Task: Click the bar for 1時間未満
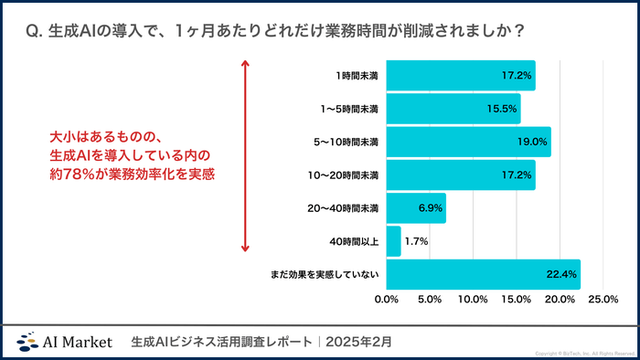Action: click(x=461, y=75)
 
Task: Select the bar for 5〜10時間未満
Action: click(x=468, y=142)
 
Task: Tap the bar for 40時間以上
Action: click(x=393, y=241)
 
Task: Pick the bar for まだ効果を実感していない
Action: click(x=483, y=274)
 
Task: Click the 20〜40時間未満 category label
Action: click(x=343, y=208)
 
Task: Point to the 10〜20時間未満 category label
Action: click(x=343, y=175)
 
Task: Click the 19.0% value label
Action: click(x=532, y=142)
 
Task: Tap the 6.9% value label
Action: click(x=430, y=208)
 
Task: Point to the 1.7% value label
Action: click(x=416, y=241)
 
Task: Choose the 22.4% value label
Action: click(x=561, y=274)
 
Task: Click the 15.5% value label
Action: click(x=502, y=109)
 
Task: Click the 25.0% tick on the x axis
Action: click(x=603, y=300)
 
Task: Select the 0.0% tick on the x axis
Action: click(x=387, y=300)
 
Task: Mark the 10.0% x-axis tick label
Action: click(x=473, y=300)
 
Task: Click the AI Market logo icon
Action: click(x=27, y=342)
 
